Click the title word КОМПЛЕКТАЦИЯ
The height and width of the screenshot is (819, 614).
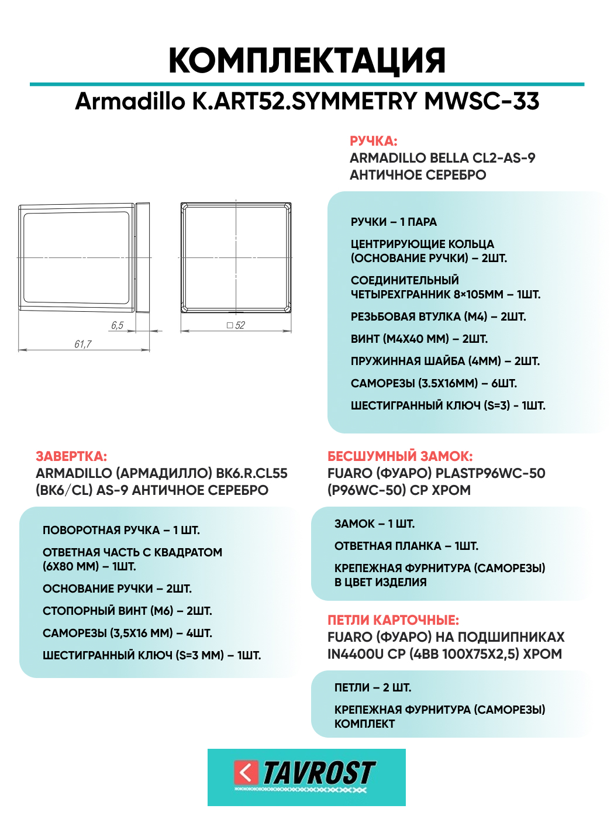[x=307, y=60]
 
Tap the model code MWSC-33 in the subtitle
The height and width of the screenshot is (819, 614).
[x=482, y=101]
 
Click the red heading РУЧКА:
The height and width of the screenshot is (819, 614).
[x=373, y=141]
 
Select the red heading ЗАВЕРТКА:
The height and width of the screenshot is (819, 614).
[x=71, y=456]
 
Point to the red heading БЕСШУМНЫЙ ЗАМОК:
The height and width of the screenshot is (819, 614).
[x=400, y=456]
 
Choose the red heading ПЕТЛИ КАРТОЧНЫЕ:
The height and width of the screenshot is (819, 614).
[x=393, y=620]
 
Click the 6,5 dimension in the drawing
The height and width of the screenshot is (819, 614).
[x=117, y=325]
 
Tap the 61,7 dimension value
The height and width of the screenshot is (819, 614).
[x=82, y=344]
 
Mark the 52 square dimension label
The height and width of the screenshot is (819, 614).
[x=237, y=325]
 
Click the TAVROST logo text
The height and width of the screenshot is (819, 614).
[x=319, y=773]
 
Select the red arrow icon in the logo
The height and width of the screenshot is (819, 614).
[x=246, y=773]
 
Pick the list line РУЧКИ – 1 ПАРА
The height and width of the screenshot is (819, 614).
[x=394, y=222]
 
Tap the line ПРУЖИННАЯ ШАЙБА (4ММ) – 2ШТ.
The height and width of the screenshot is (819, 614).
[x=445, y=361]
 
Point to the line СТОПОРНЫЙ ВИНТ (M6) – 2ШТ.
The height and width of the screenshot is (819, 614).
[x=127, y=611]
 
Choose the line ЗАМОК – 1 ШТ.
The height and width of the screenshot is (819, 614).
[x=374, y=524]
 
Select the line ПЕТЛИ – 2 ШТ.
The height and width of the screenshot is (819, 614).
[x=372, y=687]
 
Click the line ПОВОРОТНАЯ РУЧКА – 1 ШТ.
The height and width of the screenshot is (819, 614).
[x=121, y=530]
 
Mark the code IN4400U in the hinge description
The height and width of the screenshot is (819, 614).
[x=356, y=654]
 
